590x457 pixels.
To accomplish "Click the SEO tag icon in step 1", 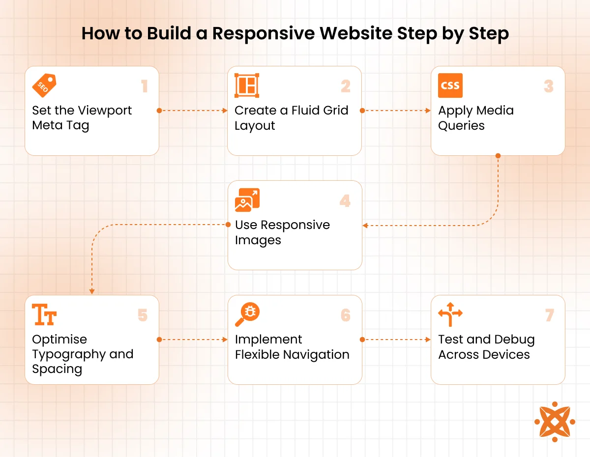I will [44, 86].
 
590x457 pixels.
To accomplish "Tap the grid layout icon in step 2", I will [247, 86].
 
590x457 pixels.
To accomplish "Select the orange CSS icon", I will [450, 86].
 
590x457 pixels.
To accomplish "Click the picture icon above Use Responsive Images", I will [247, 200].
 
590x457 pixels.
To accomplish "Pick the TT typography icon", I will [44, 314].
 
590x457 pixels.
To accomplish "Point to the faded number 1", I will [145, 86].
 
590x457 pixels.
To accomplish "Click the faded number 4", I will [345, 201].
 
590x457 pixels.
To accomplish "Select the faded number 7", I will [550, 315].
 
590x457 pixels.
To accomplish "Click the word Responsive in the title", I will [250, 33].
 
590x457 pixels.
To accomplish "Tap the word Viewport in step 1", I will [105, 111].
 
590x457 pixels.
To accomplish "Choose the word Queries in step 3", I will [461, 126].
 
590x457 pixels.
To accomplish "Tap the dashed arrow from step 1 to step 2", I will [193, 111].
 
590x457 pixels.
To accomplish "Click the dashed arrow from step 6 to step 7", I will [396, 340].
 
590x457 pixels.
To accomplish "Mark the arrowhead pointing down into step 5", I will [92, 291].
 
